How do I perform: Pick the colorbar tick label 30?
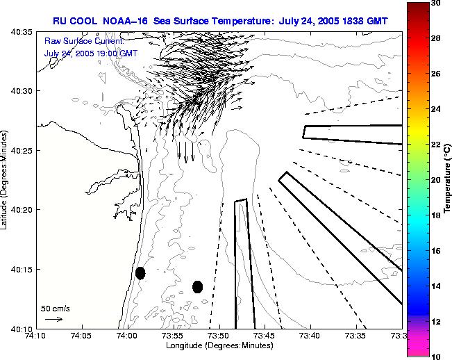437,3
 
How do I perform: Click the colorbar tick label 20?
437,179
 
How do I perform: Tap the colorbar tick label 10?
437,355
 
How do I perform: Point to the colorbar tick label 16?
437,250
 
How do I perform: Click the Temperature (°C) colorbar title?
449,179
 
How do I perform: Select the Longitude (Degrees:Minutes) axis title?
218,345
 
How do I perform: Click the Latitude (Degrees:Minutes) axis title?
6,180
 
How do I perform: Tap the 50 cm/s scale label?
56,308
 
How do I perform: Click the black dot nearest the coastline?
140,273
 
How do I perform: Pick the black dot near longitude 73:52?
197,286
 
